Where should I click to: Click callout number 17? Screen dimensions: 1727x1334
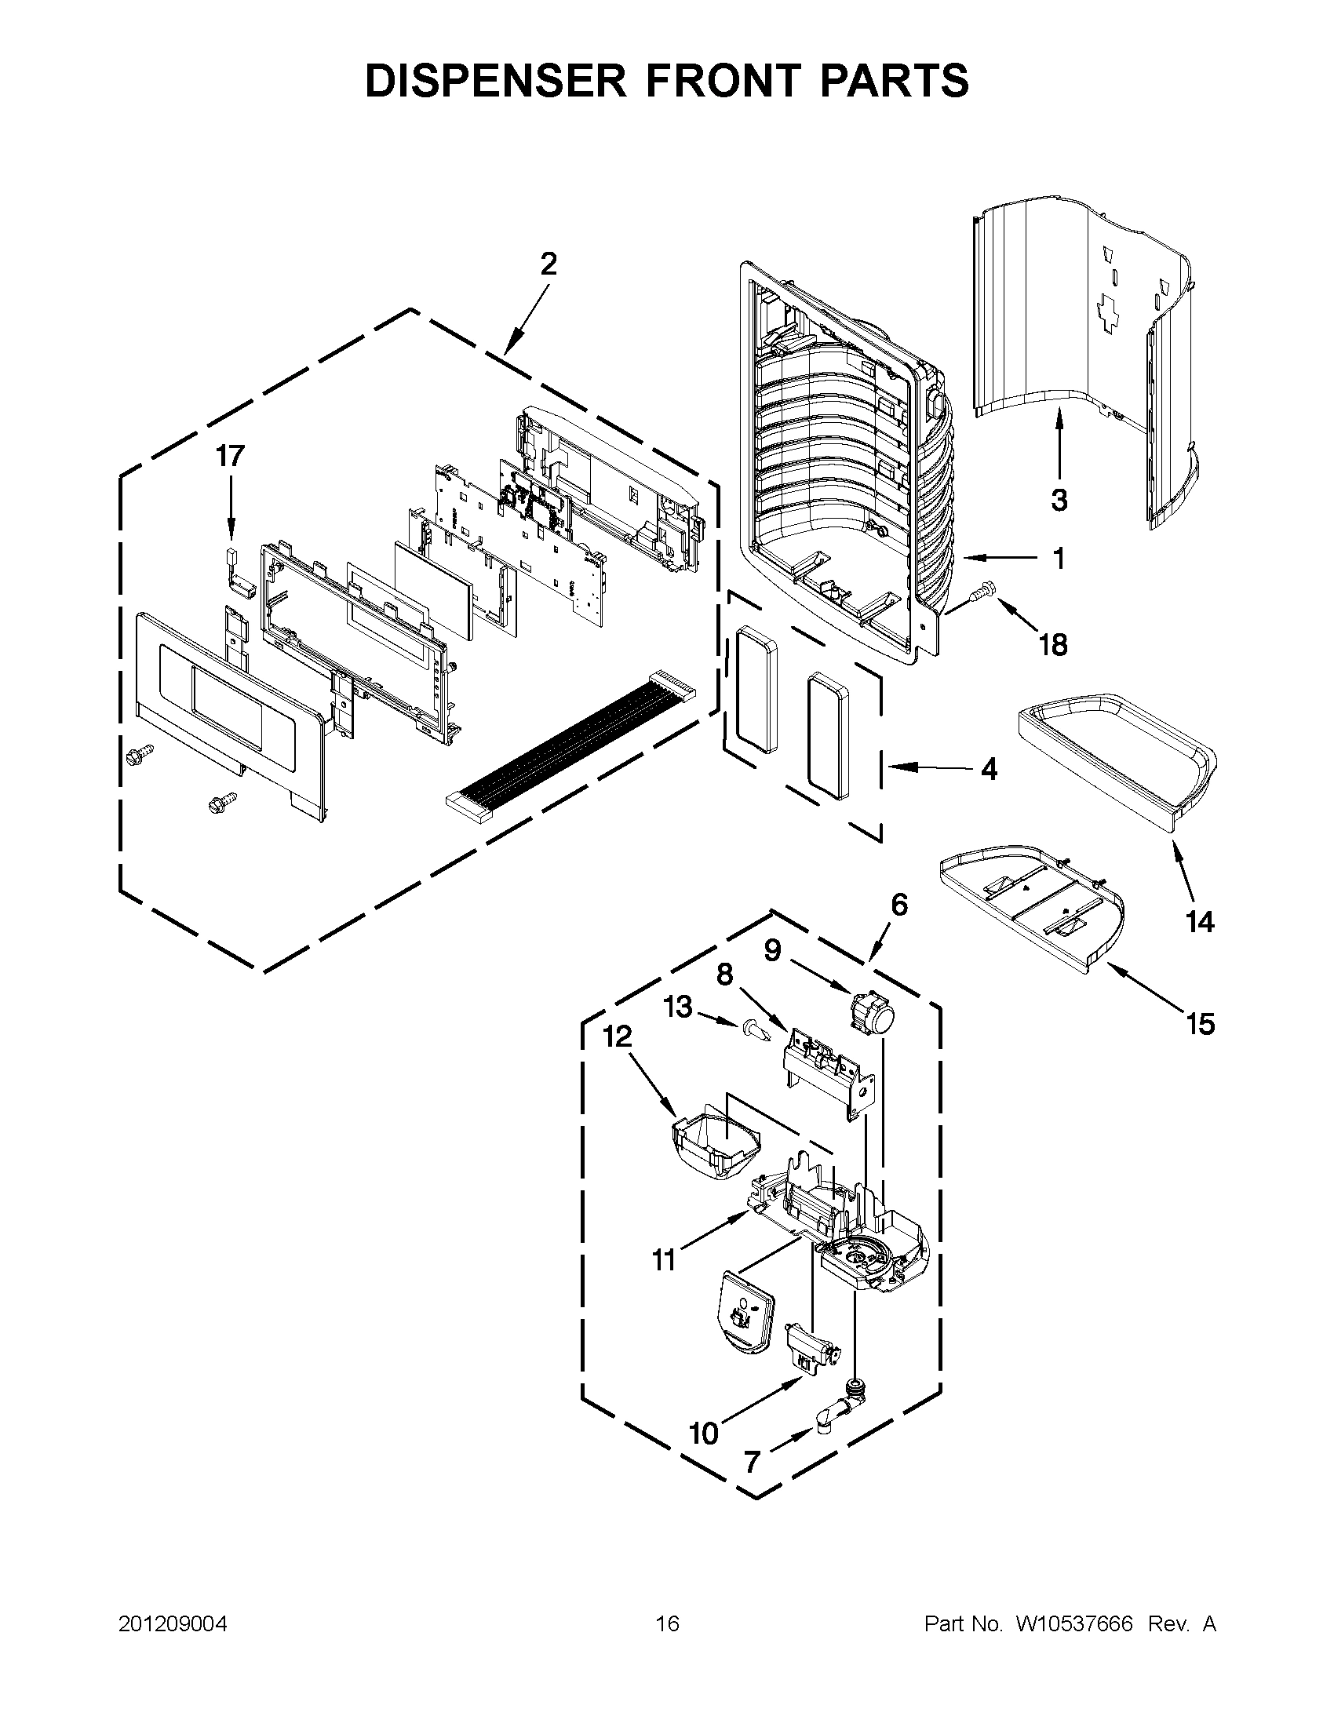pos(231,456)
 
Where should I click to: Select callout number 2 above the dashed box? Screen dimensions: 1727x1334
pos(548,264)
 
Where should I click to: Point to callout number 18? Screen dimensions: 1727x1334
pos(1053,644)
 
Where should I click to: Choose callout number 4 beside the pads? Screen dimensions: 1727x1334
pos(989,769)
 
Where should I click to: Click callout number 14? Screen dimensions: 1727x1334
pos(1200,921)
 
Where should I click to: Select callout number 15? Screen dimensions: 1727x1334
pos(1200,1024)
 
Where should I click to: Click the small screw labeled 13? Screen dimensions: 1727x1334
pos(753,1032)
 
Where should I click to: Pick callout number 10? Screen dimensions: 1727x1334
pos(703,1432)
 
